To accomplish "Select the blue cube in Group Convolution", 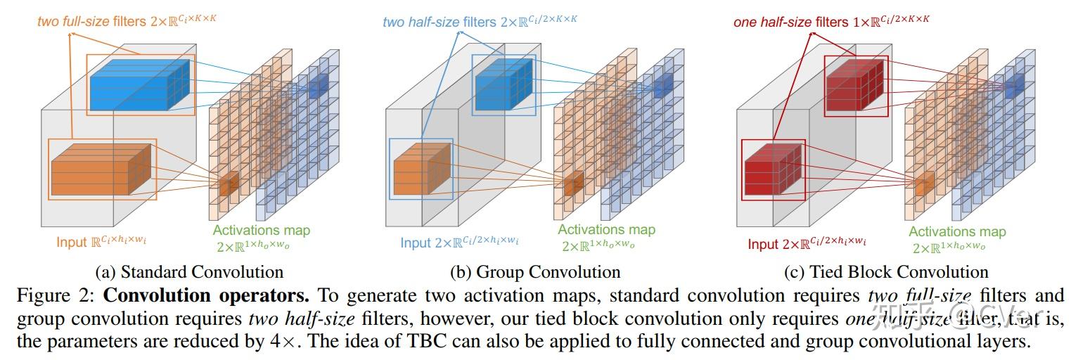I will (501, 82).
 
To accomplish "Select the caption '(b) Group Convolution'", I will (535, 271).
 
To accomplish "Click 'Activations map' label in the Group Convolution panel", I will (606, 229).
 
